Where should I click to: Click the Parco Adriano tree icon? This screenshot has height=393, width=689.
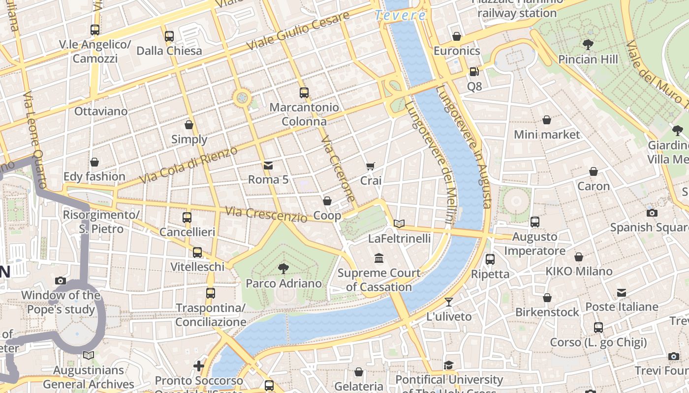pos(283,268)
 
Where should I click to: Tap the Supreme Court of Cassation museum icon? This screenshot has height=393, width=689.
pos(379,258)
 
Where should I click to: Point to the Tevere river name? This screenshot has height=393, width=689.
pos(400,15)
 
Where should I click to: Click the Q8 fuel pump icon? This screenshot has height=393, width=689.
pos(474,72)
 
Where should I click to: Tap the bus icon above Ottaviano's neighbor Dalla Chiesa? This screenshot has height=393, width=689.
pos(169,36)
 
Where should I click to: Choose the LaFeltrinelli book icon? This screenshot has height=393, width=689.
pos(399,224)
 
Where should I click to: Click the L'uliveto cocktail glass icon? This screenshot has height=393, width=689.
pos(448,302)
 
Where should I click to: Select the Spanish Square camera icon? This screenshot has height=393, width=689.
pos(652,213)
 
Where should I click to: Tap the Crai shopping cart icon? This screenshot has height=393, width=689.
pos(371,167)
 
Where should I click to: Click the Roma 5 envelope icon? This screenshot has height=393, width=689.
pos(268,165)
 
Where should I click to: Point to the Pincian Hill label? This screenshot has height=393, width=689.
pos(588,59)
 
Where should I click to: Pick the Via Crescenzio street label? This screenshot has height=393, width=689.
pos(266,214)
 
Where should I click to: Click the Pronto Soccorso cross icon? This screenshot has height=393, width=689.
pos(199,366)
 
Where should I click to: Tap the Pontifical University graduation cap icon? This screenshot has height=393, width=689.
pos(448,365)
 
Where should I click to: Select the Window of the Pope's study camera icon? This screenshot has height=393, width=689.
pos(61,281)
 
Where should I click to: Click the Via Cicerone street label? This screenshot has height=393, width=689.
pos(338,169)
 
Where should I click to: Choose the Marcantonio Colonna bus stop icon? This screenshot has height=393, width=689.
pos(304,92)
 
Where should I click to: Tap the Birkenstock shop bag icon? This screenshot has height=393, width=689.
pos(547,298)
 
